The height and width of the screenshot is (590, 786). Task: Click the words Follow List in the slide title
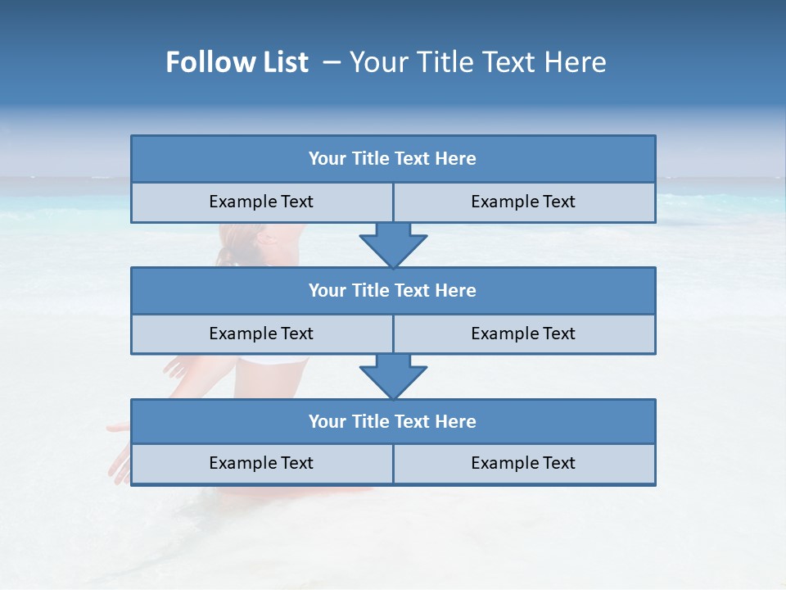pos(237,62)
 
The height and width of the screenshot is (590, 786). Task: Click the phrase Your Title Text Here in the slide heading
pos(478,62)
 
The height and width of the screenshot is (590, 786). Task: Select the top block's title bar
pos(393,159)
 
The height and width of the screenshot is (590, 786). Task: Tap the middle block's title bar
pos(393,290)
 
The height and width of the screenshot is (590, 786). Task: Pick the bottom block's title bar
pos(393,421)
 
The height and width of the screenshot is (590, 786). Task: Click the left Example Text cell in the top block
pos(261,202)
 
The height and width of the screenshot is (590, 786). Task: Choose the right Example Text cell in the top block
pos(523,202)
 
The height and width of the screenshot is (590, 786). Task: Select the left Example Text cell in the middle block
pos(261,334)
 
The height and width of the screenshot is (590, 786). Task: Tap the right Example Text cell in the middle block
pos(523,334)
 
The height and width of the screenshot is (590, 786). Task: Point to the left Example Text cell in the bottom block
pos(261,463)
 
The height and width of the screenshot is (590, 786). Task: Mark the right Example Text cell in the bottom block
pos(523,463)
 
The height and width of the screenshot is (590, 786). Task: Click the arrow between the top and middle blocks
pos(393,244)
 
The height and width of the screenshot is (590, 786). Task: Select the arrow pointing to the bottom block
pos(393,376)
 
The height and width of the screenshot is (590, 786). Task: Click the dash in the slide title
pos(332,62)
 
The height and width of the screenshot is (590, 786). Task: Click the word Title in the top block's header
pos(370,159)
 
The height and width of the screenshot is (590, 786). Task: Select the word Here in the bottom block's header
pos(456,421)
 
